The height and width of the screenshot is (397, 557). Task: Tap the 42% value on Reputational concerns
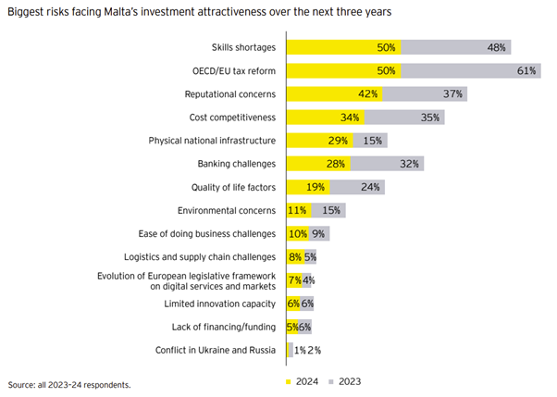point(368,93)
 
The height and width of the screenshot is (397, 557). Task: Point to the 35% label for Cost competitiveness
point(430,118)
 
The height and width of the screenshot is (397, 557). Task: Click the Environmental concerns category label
point(231,210)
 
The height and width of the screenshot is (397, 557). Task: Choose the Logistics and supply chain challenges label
point(200,256)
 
